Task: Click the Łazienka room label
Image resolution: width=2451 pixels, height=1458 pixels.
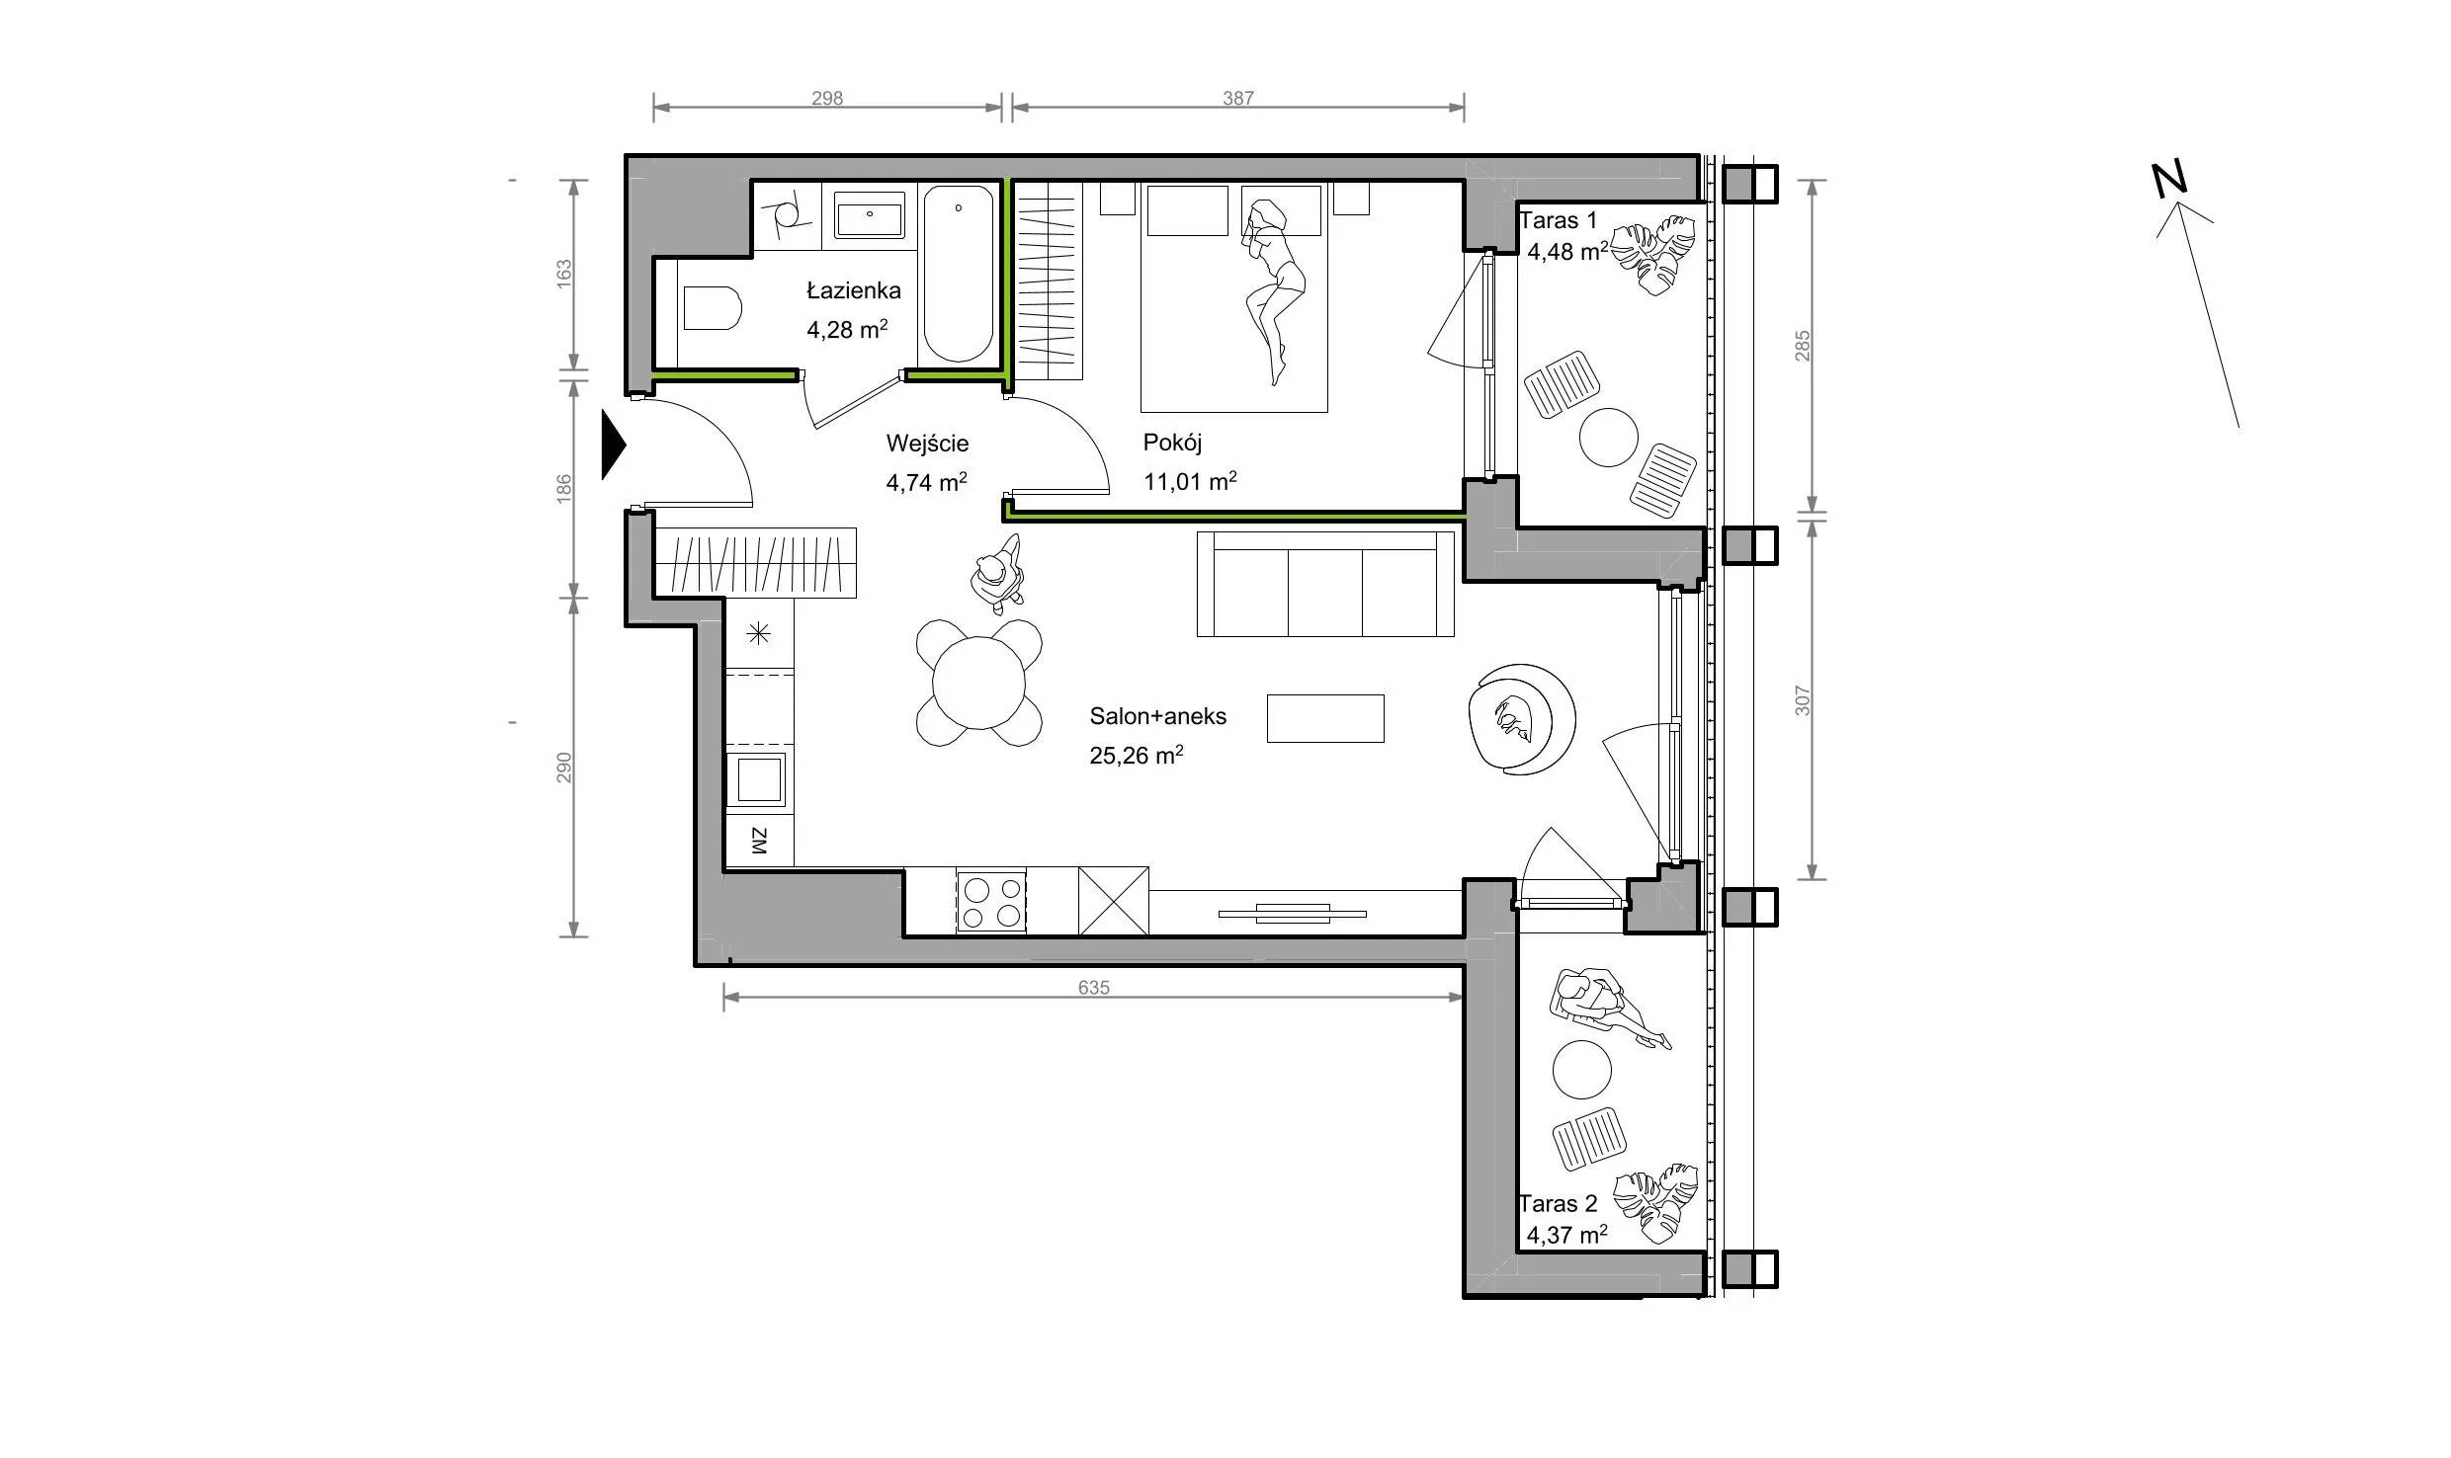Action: point(854,290)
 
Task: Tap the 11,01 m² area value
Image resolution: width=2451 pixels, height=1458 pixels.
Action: point(1190,481)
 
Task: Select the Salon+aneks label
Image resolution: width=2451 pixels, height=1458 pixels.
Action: point(1157,716)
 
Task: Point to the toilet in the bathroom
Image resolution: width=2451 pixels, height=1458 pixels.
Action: point(712,307)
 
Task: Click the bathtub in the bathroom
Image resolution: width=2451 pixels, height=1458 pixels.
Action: point(958,274)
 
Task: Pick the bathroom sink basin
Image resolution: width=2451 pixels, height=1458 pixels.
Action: point(869,215)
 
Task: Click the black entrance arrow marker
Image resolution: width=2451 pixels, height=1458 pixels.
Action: point(614,445)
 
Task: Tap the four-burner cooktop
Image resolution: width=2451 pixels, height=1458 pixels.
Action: point(990,902)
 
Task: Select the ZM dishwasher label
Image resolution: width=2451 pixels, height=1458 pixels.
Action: point(759,841)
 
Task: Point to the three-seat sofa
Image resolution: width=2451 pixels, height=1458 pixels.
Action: point(1325,584)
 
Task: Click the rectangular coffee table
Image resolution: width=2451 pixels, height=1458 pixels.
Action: point(1325,718)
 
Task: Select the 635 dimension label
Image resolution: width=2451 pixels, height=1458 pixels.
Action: point(1094,987)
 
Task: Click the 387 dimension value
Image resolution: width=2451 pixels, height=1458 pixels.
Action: point(1238,98)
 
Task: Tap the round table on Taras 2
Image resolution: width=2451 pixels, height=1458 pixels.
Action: point(1582,1069)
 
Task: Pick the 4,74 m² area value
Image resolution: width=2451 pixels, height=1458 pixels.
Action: point(926,482)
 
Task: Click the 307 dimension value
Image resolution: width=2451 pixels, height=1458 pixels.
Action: point(1803,701)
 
